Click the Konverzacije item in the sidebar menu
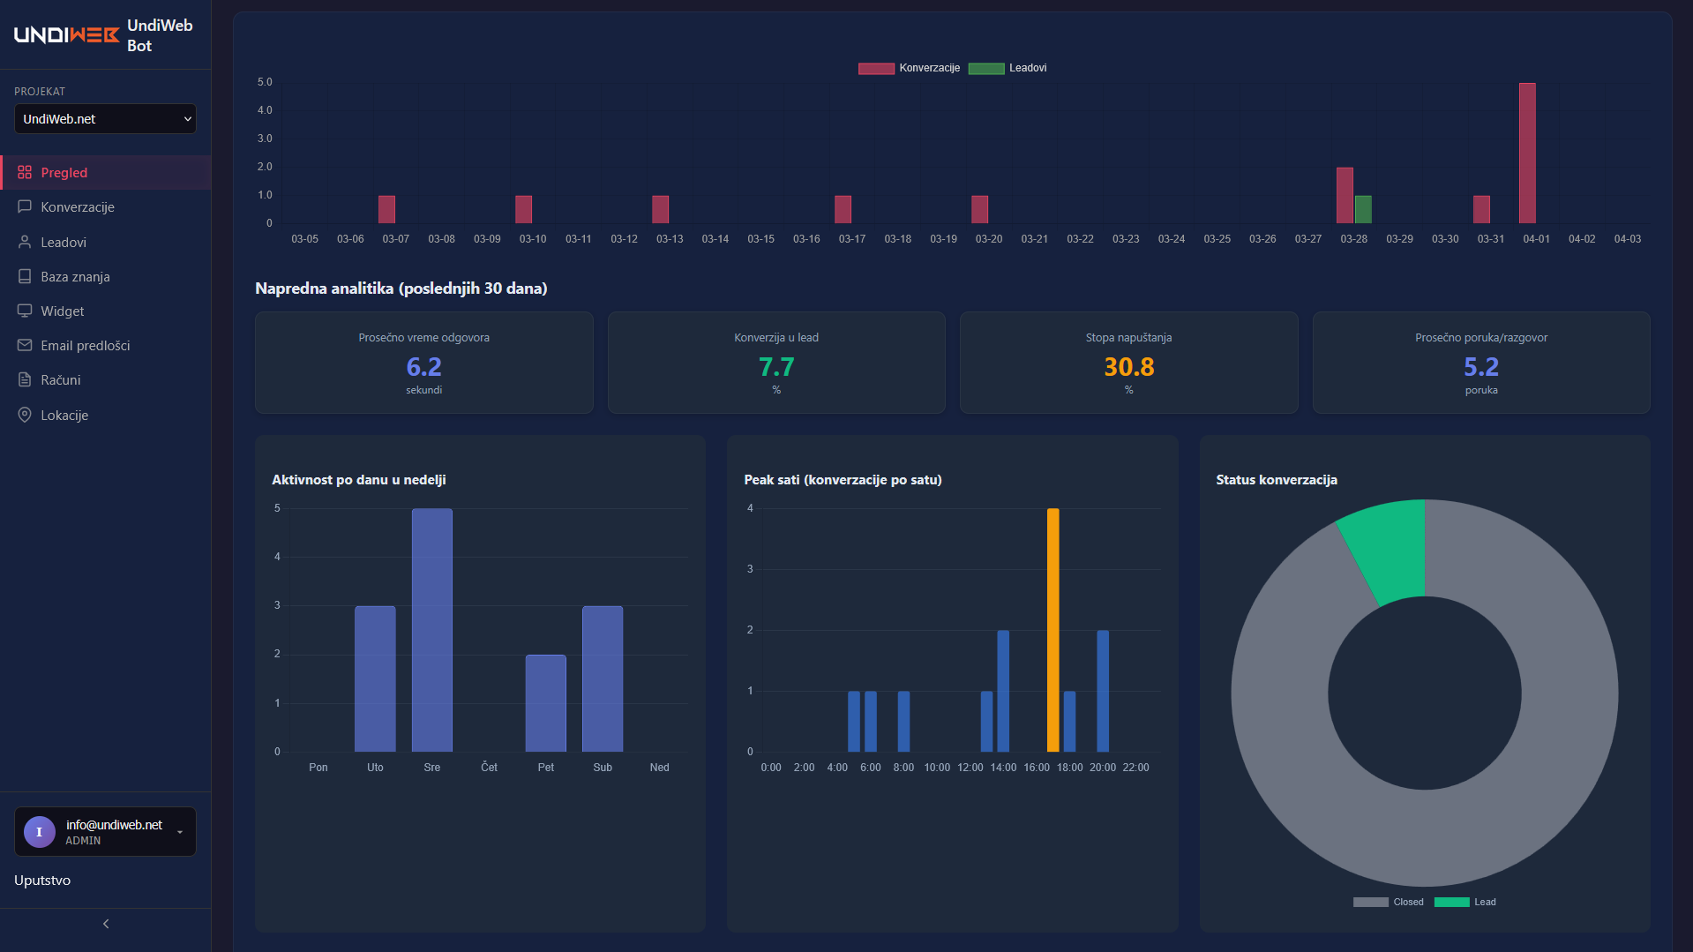coord(77,207)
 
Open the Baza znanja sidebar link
coord(75,277)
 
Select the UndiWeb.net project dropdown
coord(105,119)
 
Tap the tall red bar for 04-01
coord(1527,154)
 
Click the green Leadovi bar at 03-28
coord(1363,210)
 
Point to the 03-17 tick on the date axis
coord(851,239)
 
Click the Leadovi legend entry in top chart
coord(1008,68)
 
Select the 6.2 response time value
coord(423,367)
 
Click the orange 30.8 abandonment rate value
coord(1128,367)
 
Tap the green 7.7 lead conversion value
coord(776,367)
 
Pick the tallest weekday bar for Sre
coord(431,630)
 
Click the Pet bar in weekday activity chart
coord(545,703)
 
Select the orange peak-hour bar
coord(1053,630)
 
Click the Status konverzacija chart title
coord(1276,480)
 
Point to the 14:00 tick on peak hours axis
coord(1003,768)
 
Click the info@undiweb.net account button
coord(105,832)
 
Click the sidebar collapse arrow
coord(106,924)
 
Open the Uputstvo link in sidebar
coord(42,881)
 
